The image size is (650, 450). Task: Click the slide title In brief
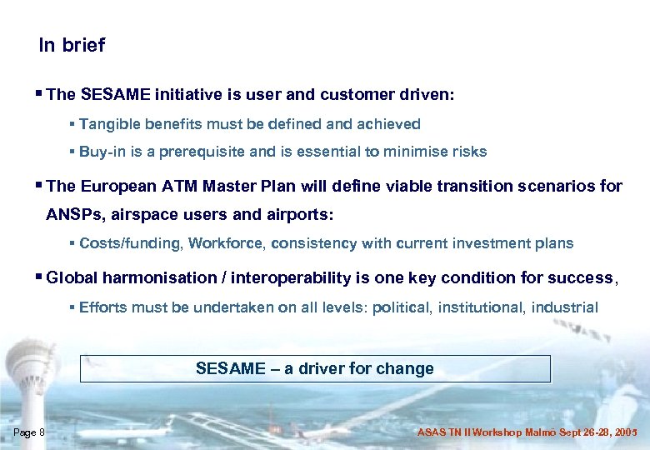[x=72, y=46]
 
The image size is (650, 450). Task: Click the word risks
[x=468, y=152]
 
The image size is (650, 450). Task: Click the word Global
[x=71, y=278]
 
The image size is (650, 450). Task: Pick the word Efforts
[x=103, y=307]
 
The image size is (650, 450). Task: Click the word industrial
[x=565, y=307]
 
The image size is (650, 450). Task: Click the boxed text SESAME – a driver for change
[x=315, y=368]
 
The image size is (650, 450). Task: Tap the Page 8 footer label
[x=29, y=432]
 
